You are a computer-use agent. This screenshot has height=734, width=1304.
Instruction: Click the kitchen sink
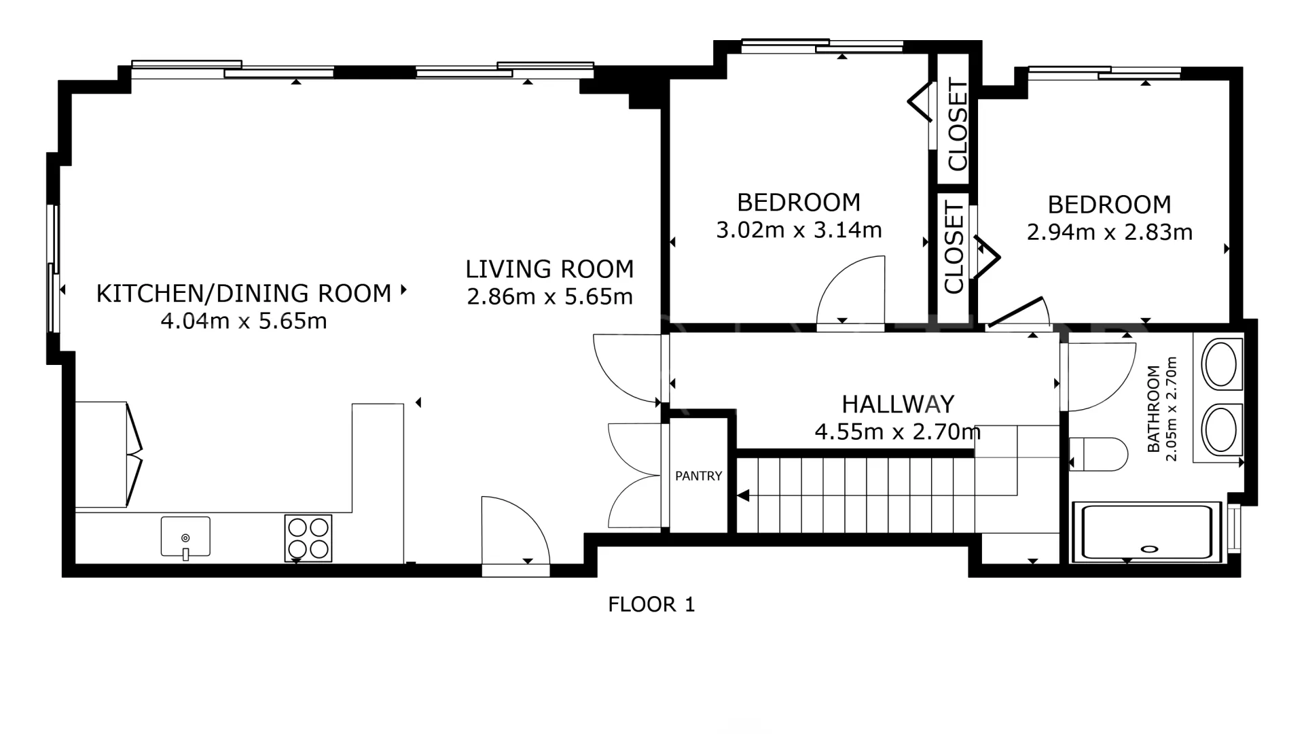(x=185, y=537)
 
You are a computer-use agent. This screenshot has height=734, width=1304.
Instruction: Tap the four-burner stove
(x=308, y=538)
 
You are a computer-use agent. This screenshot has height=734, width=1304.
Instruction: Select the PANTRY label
(x=699, y=476)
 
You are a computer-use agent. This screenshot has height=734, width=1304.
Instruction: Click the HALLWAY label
(x=898, y=404)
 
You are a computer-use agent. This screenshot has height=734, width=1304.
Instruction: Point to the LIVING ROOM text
(x=549, y=269)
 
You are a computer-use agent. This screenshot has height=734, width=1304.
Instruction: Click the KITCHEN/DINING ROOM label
(x=244, y=294)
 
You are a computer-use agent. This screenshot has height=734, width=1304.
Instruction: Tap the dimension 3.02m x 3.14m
(x=799, y=230)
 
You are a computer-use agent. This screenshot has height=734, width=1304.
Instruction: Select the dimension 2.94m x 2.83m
(x=1110, y=232)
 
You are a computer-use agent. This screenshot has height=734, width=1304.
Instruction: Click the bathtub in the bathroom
(x=1147, y=532)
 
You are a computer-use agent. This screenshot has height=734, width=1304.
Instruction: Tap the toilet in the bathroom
(x=1099, y=454)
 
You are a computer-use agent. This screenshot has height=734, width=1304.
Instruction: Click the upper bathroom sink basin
(x=1222, y=364)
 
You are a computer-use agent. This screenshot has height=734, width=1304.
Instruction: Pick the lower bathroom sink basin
(x=1222, y=429)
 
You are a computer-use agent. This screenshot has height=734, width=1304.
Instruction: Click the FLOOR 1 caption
(x=651, y=604)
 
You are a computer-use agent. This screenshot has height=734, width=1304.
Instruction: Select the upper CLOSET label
(x=957, y=124)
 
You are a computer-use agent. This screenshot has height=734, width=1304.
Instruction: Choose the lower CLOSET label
(x=954, y=247)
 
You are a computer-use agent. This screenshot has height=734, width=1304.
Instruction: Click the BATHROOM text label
(x=1153, y=409)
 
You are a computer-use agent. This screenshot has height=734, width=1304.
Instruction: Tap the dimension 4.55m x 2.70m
(x=898, y=432)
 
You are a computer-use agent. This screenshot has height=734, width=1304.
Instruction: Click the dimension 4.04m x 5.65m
(x=244, y=321)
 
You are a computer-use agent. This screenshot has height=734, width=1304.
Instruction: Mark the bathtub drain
(x=1150, y=548)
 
